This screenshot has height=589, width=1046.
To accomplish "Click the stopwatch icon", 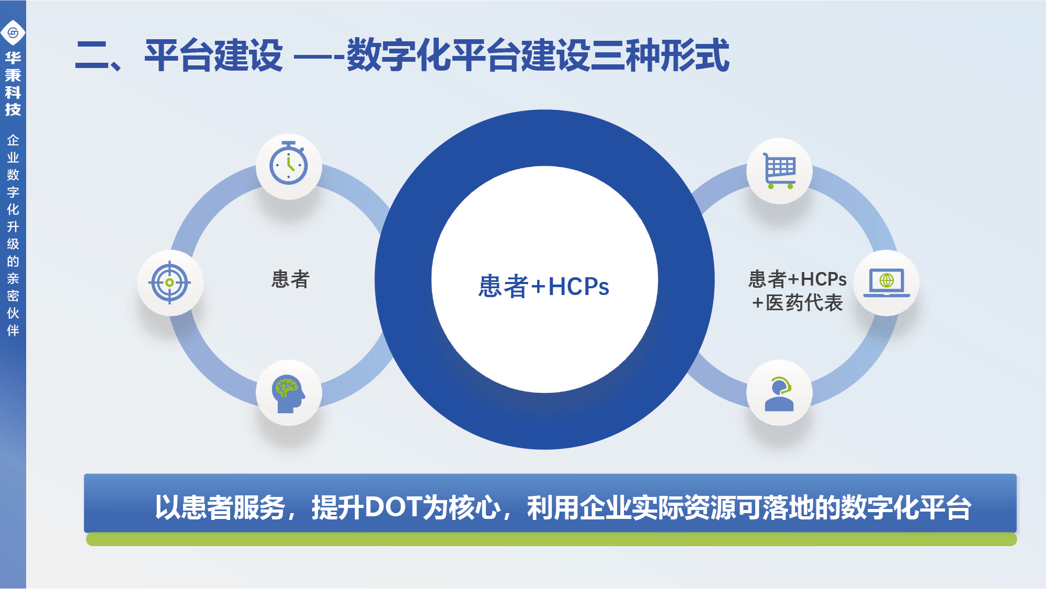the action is pyautogui.click(x=288, y=163).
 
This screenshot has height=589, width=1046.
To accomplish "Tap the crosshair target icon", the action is pyautogui.click(x=169, y=282).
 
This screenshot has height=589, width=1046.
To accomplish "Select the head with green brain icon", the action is pyautogui.click(x=288, y=394).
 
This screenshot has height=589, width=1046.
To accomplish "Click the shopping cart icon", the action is pyautogui.click(x=779, y=171).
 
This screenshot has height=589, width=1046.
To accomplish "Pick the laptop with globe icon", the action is pyautogui.click(x=886, y=282).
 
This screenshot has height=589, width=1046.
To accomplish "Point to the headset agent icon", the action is pyautogui.click(x=779, y=393).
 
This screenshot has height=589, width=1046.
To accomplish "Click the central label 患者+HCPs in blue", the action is pyautogui.click(x=544, y=286).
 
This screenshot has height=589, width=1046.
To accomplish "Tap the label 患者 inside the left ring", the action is pyautogui.click(x=290, y=279).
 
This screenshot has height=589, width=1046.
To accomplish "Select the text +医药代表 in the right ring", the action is pyautogui.click(x=797, y=303).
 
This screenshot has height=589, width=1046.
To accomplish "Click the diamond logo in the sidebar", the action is pyautogui.click(x=13, y=33).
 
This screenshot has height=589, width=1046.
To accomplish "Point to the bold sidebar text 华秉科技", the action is pyautogui.click(x=13, y=84).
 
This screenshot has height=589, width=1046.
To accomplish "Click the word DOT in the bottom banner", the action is pyautogui.click(x=393, y=507).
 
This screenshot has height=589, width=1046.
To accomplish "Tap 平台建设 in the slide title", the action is pyautogui.click(x=213, y=55).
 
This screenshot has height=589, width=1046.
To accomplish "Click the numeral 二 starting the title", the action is pyautogui.click(x=92, y=55).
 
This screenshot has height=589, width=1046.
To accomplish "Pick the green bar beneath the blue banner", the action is pyautogui.click(x=551, y=539).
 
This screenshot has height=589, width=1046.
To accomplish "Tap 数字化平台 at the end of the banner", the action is pyautogui.click(x=906, y=507).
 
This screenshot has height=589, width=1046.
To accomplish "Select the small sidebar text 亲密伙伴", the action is pyautogui.click(x=13, y=304).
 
